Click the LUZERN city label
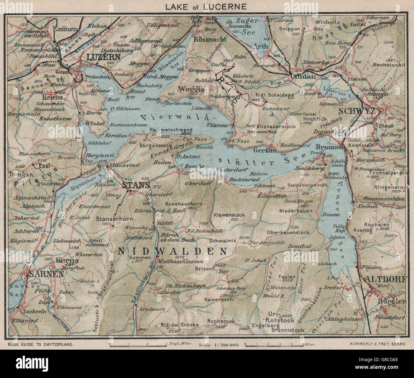102,57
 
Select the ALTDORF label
386,279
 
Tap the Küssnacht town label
209,39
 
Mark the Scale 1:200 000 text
219,345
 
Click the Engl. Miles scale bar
138,344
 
